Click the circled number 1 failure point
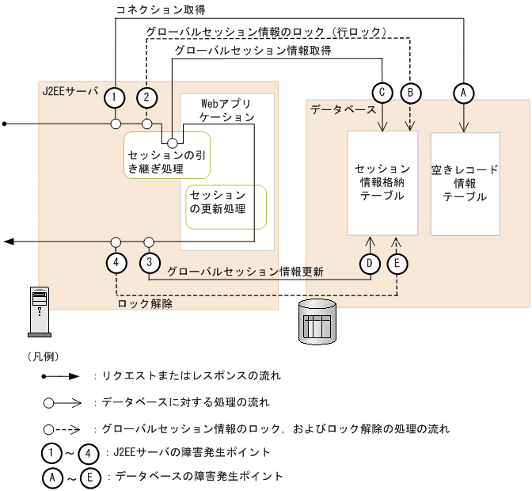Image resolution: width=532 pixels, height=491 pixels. [116, 97]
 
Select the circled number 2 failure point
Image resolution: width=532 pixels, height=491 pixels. [146, 97]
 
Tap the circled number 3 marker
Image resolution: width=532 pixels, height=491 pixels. [148, 262]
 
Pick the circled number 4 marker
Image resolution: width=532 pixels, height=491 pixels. [116, 262]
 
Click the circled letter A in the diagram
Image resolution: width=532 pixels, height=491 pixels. [463, 93]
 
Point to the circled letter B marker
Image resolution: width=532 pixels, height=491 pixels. [411, 93]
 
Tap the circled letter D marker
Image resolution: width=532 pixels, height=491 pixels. [369, 262]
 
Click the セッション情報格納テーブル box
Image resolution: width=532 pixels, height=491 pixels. [382, 183]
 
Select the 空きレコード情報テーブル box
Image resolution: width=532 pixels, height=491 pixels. [465, 183]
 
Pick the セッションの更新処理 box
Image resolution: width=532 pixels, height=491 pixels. [226, 206]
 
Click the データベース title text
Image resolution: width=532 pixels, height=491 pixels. [343, 110]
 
